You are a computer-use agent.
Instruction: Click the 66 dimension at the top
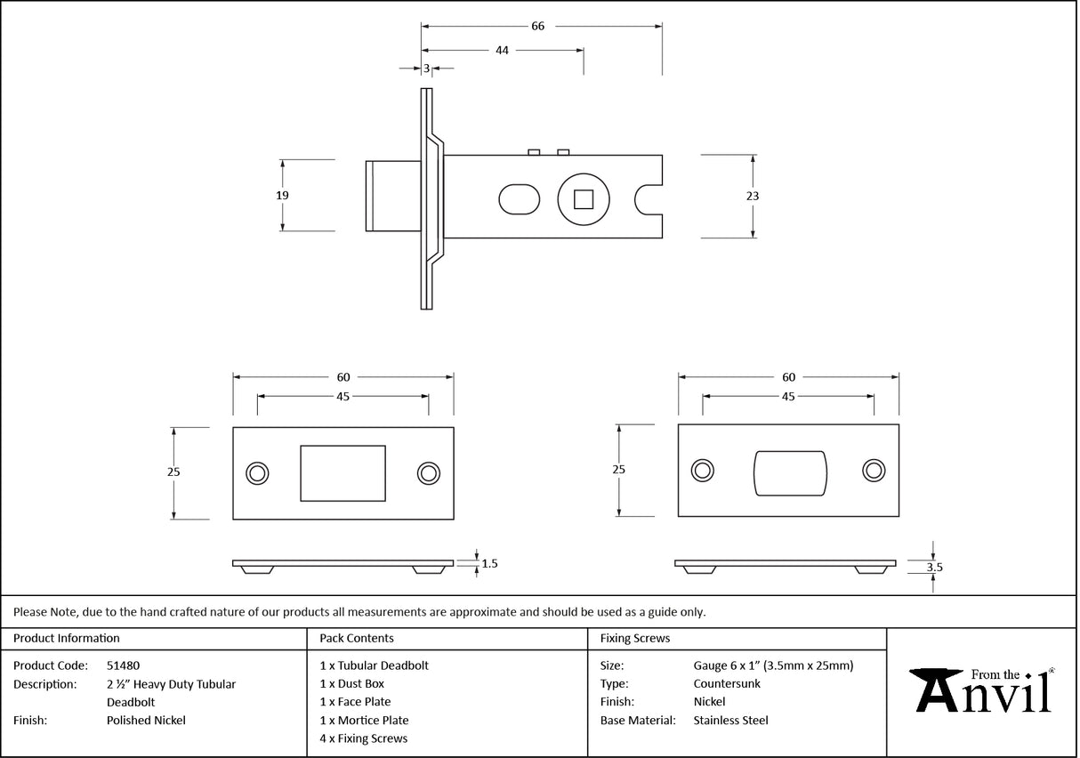point(537,26)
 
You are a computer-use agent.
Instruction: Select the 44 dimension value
point(502,51)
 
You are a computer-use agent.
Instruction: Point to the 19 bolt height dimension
point(282,196)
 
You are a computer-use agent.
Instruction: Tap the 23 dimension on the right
point(754,196)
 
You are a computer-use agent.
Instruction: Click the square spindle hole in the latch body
point(583,198)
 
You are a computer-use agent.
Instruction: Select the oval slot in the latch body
point(519,199)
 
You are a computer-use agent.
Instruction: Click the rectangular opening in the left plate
point(343,473)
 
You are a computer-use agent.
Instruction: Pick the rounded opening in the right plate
point(790,472)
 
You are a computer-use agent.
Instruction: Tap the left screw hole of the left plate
point(258,473)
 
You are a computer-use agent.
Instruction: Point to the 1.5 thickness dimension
point(488,563)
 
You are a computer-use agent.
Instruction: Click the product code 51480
point(123,665)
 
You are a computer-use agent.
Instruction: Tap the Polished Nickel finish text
point(146,721)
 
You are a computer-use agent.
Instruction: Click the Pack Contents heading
point(357,638)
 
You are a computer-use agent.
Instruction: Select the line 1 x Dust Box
point(351,684)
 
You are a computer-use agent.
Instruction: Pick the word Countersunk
point(727,684)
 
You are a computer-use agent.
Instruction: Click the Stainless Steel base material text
point(730,721)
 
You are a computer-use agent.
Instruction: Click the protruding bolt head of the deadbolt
point(393,196)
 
